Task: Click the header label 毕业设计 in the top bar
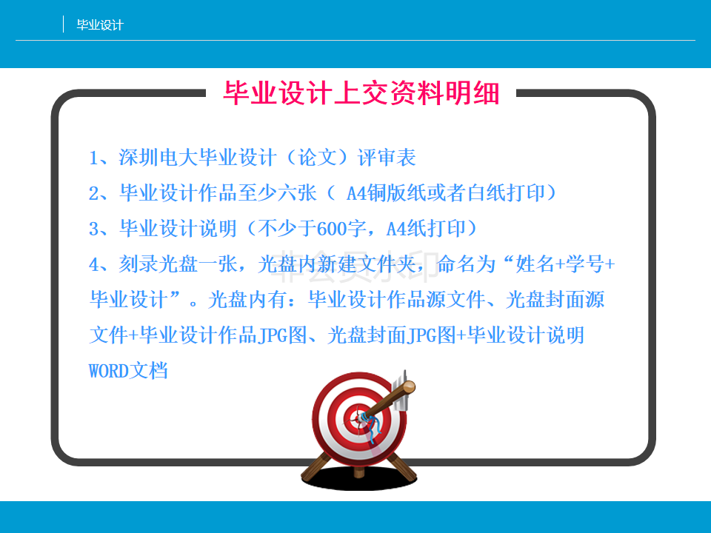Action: (100, 25)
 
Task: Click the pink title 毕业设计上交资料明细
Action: (361, 93)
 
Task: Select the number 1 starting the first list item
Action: (94, 158)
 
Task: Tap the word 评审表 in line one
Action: (387, 158)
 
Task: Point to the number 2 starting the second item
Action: (94, 193)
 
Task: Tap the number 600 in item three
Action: (332, 229)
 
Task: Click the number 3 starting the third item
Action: (94, 229)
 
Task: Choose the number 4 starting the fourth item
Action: (94, 264)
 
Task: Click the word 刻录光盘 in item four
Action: (158, 264)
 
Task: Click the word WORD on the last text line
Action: (109, 371)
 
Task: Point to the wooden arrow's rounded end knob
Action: (409, 387)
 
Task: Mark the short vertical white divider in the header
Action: (63, 24)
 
